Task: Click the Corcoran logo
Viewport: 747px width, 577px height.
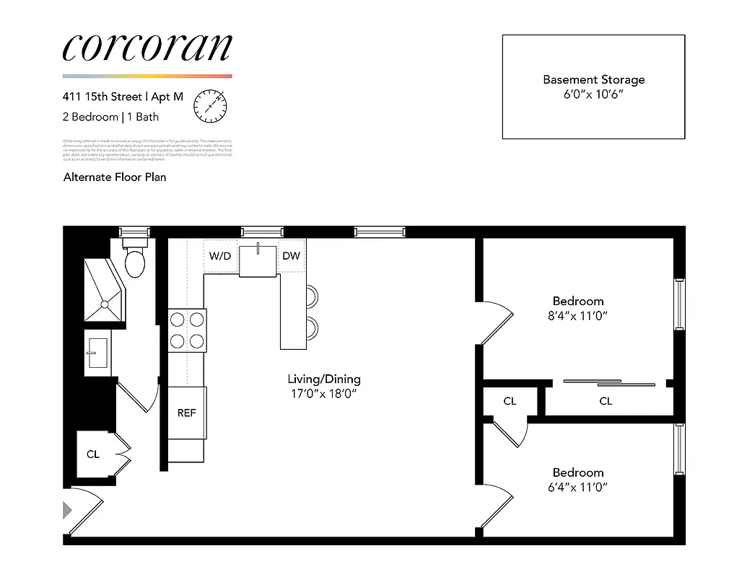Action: coord(147,48)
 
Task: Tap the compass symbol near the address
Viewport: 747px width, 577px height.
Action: coord(210,105)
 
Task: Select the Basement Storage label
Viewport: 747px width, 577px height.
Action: coord(593,79)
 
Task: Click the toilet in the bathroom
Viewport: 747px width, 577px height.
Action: coord(135,262)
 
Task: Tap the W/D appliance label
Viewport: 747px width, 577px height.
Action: coord(220,256)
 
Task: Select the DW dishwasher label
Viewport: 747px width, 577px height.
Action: coord(291,256)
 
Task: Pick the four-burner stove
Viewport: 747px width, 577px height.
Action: coord(187,330)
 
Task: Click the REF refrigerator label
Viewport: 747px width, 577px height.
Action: coord(187,413)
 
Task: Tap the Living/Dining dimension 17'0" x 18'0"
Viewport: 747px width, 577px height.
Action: coord(324,394)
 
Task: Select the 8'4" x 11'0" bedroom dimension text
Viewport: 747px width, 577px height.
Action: coord(578,315)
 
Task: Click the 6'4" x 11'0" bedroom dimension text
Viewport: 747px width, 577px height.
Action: coord(578,487)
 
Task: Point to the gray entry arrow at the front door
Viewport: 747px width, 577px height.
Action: coord(68,511)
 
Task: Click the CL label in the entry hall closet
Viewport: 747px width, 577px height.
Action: coord(93,454)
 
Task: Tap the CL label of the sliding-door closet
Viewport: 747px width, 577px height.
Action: coord(606,401)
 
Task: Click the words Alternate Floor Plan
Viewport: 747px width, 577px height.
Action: coord(115,177)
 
